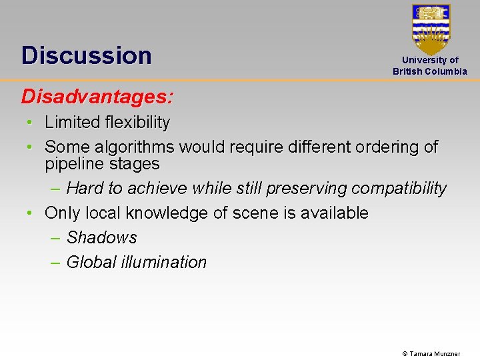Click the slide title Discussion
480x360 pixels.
[x=86, y=55]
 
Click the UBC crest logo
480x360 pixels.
[x=431, y=29]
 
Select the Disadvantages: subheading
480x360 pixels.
[x=97, y=97]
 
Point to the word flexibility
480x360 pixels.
[x=138, y=123]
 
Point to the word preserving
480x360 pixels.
[x=306, y=189]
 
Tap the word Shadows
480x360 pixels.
[x=101, y=238]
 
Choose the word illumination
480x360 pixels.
[x=163, y=263]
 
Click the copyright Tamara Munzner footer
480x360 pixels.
[x=431, y=353]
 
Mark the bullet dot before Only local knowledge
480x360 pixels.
[x=30, y=213]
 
